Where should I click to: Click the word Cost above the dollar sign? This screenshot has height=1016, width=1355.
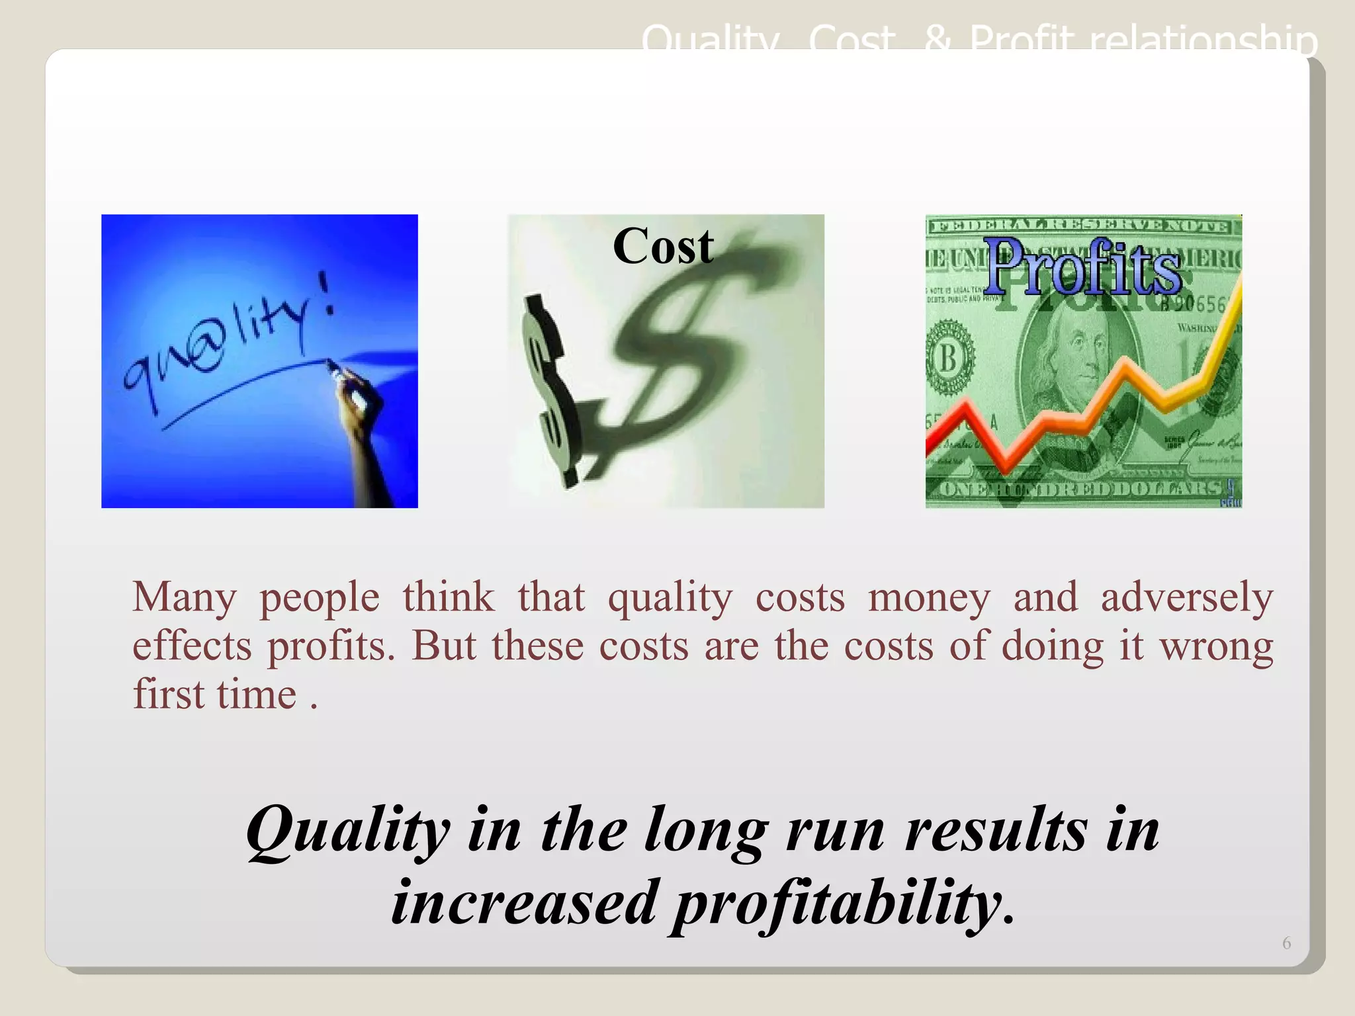pyautogui.click(x=663, y=246)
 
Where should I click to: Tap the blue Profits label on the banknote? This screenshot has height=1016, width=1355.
pyautogui.click(x=1084, y=268)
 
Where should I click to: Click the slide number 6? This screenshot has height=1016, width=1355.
pyautogui.click(x=1286, y=943)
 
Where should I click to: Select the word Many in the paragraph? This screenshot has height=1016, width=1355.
pyautogui.click(x=184, y=597)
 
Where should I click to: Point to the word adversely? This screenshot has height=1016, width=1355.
pyautogui.click(x=1187, y=597)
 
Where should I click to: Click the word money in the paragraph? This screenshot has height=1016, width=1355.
pyautogui.click(x=929, y=597)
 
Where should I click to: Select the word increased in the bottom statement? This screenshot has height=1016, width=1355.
pyautogui.click(x=524, y=904)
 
